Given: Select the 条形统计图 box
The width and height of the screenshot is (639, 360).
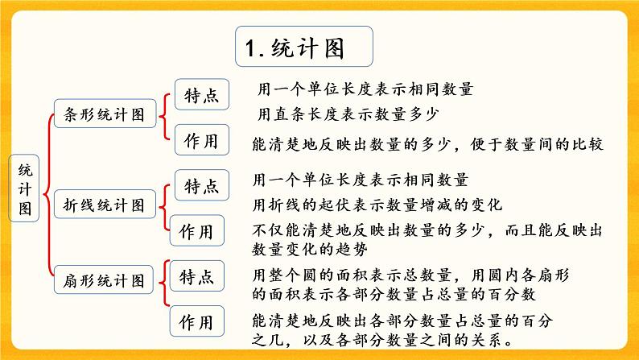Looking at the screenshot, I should click(x=103, y=114).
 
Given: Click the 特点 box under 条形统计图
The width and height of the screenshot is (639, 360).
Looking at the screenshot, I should click(x=201, y=95).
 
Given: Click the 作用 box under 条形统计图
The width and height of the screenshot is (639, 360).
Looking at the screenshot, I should click(x=201, y=140).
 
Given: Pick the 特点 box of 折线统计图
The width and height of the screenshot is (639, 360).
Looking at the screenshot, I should click(x=201, y=186).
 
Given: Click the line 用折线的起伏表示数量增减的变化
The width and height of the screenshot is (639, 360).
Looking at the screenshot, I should click(x=377, y=205).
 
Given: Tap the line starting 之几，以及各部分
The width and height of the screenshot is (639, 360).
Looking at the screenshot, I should click(x=394, y=339).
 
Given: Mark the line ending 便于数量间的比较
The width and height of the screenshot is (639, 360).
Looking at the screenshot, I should click(x=427, y=145).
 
